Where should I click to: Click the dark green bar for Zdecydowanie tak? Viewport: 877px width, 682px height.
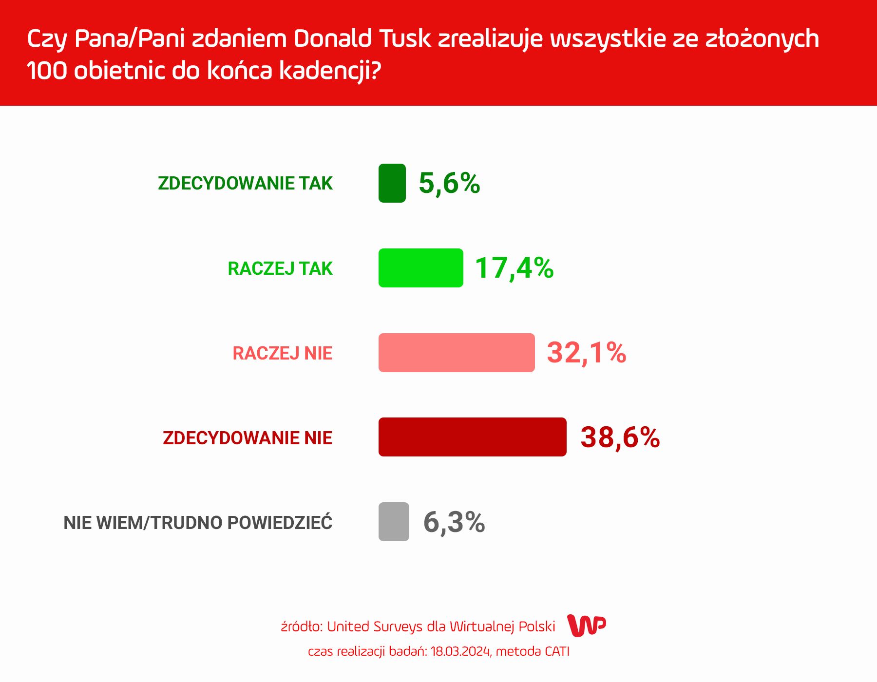pyautogui.click(x=392, y=183)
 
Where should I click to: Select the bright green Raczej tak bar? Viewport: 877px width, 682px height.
pyautogui.click(x=420, y=268)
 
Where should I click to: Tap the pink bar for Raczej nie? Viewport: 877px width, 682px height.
pyautogui.click(x=457, y=353)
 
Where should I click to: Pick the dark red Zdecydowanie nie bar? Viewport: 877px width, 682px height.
pyautogui.click(x=472, y=437)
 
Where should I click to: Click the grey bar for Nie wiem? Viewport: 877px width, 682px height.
pyautogui.click(x=394, y=522)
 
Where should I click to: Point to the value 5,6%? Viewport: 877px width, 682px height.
pyautogui.click(x=449, y=183)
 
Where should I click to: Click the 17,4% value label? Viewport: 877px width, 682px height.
pyautogui.click(x=514, y=268)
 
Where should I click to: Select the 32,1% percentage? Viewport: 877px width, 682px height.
pyautogui.click(x=586, y=353)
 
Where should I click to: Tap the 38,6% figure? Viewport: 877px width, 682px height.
pyautogui.click(x=620, y=437)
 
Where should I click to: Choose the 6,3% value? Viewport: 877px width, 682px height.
pyautogui.click(x=454, y=522)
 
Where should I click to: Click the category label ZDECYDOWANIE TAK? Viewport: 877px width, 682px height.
pyautogui.click(x=245, y=183)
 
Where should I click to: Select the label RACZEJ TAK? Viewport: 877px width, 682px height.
pyautogui.click(x=280, y=268)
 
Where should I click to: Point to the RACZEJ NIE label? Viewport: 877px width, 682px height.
pyautogui.click(x=282, y=353)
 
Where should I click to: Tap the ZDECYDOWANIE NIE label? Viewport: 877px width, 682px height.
pyautogui.click(x=248, y=438)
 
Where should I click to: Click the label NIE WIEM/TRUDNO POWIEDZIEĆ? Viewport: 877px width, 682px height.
pyautogui.click(x=198, y=523)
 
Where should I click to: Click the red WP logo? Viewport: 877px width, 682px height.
pyautogui.click(x=587, y=625)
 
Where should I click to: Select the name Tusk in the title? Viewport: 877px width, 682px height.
pyautogui.click(x=405, y=38)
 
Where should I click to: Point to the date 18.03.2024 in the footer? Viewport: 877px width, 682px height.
pyautogui.click(x=460, y=652)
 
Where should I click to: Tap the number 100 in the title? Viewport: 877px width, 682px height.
pyautogui.click(x=47, y=71)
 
